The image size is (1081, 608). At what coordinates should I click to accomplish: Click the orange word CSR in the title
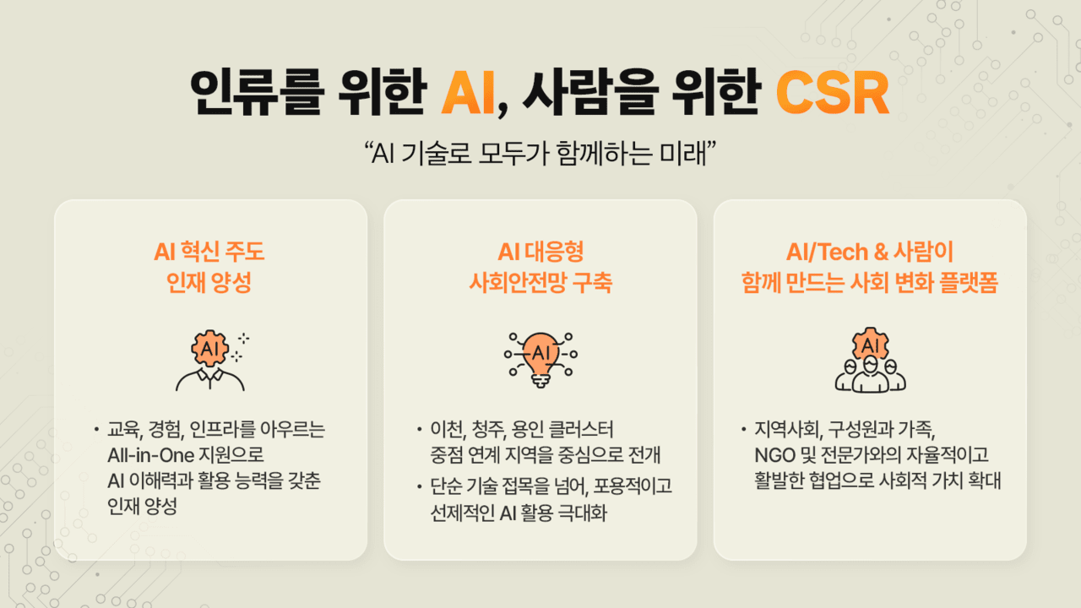(832, 95)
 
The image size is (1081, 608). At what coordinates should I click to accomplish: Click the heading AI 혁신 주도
(209, 252)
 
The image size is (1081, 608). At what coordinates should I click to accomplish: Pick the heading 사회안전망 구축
(540, 283)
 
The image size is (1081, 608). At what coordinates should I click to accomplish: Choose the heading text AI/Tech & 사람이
(869, 252)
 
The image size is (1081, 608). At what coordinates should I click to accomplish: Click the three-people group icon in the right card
(870, 361)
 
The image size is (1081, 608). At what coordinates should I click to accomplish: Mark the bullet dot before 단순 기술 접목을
(419, 486)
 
